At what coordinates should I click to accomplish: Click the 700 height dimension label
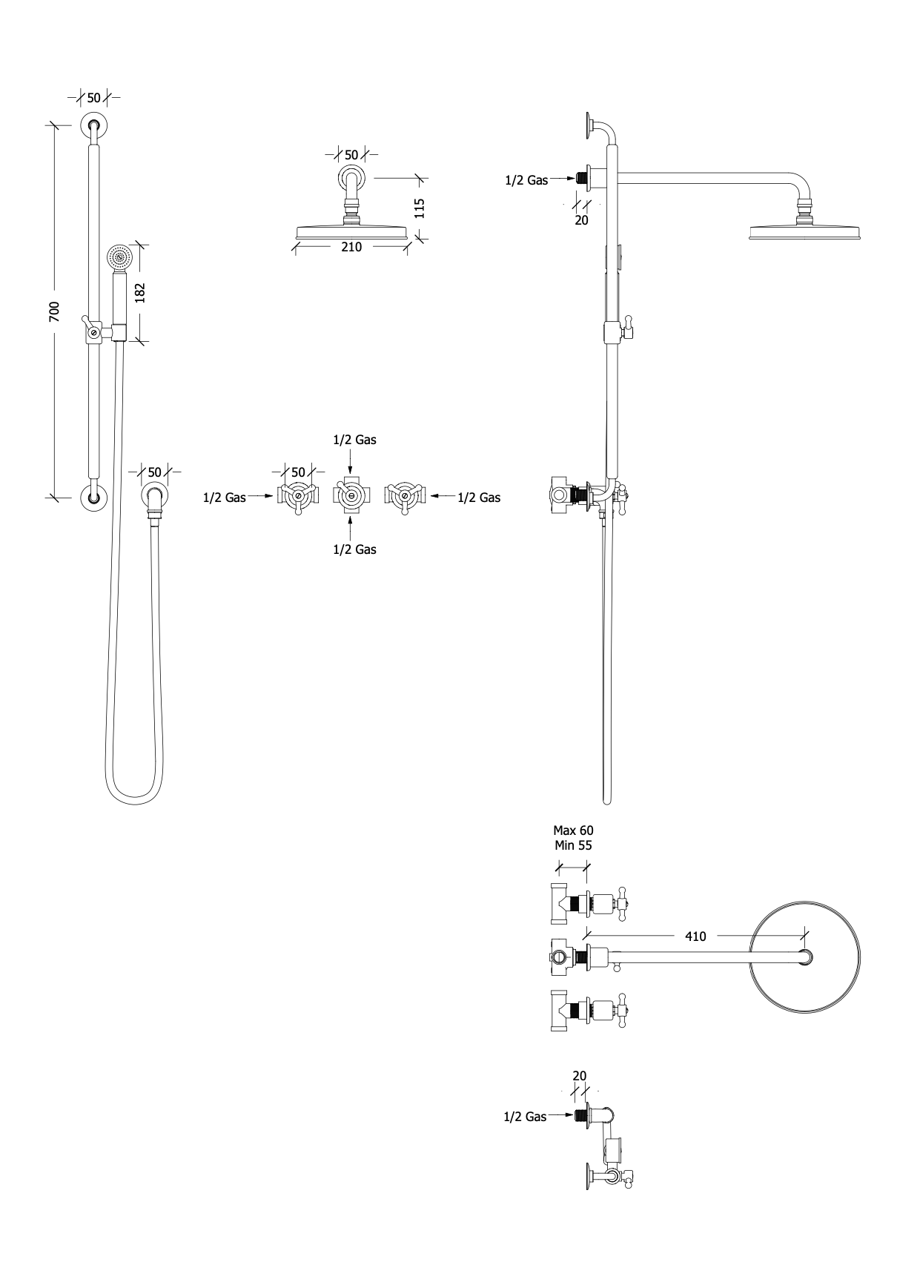[x=54, y=311]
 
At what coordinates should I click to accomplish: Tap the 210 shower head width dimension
[x=351, y=247]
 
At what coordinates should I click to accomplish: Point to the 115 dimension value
[x=419, y=207]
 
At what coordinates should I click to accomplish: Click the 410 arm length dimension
[x=695, y=936]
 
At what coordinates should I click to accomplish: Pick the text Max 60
[x=573, y=830]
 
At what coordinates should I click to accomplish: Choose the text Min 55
[x=573, y=845]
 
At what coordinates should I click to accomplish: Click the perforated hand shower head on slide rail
[x=119, y=257]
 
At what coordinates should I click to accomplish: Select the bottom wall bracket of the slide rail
[x=93, y=498]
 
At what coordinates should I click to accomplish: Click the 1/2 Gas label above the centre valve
[x=354, y=440]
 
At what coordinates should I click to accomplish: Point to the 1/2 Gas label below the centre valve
[x=354, y=549]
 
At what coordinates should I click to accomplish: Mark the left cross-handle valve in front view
[x=298, y=497]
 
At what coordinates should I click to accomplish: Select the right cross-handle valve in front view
[x=404, y=497]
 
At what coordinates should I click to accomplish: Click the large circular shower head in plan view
[x=807, y=958]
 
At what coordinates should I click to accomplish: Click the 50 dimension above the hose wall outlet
[x=154, y=472]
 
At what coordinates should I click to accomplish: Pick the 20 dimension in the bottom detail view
[x=580, y=1076]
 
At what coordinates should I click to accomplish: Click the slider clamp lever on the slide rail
[x=88, y=326]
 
